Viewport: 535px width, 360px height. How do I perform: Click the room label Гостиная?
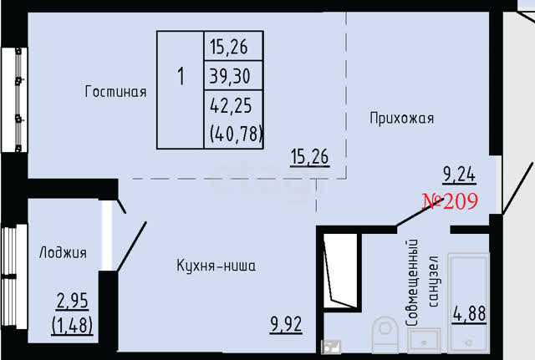(115, 92)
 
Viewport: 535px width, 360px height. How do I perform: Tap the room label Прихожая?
(402, 119)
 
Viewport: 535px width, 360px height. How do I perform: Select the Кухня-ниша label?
(216, 266)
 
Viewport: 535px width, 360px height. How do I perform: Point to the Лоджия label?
(64, 252)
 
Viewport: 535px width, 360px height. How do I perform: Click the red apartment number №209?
(450, 201)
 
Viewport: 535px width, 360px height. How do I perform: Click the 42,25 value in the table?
(231, 105)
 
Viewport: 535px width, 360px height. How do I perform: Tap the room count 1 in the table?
(181, 76)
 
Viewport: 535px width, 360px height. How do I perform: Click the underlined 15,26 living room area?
(310, 157)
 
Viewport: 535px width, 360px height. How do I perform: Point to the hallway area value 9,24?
(459, 175)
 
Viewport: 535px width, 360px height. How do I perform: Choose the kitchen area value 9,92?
(286, 324)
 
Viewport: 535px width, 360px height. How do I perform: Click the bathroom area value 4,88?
(470, 313)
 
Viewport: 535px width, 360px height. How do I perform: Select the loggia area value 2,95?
(73, 301)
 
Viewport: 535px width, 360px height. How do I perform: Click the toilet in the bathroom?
(385, 334)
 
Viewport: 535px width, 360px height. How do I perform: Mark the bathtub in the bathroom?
(468, 302)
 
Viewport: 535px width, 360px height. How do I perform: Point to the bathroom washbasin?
(425, 341)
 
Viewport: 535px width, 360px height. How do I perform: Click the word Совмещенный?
(412, 282)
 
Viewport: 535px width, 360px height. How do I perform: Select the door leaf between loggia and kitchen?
(132, 246)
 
